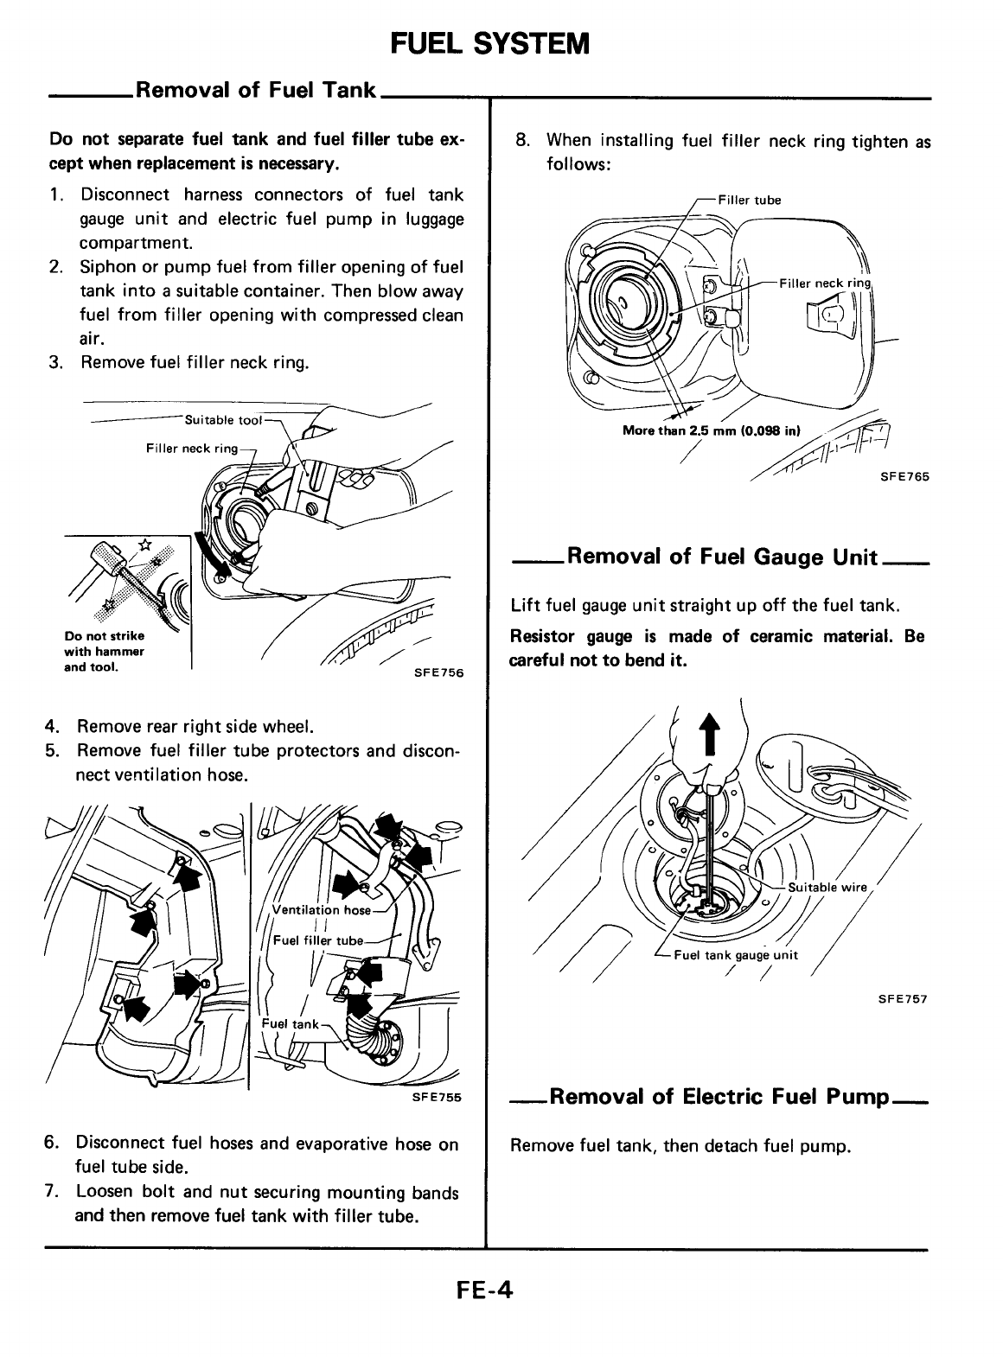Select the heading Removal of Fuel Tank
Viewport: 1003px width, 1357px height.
point(256,90)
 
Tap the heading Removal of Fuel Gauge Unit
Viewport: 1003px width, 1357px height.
point(722,556)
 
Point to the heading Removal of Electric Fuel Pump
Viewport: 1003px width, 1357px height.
point(719,1097)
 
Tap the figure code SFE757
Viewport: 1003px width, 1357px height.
point(905,998)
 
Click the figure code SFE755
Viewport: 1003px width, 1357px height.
point(438,1097)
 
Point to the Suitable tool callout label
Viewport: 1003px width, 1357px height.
point(222,420)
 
